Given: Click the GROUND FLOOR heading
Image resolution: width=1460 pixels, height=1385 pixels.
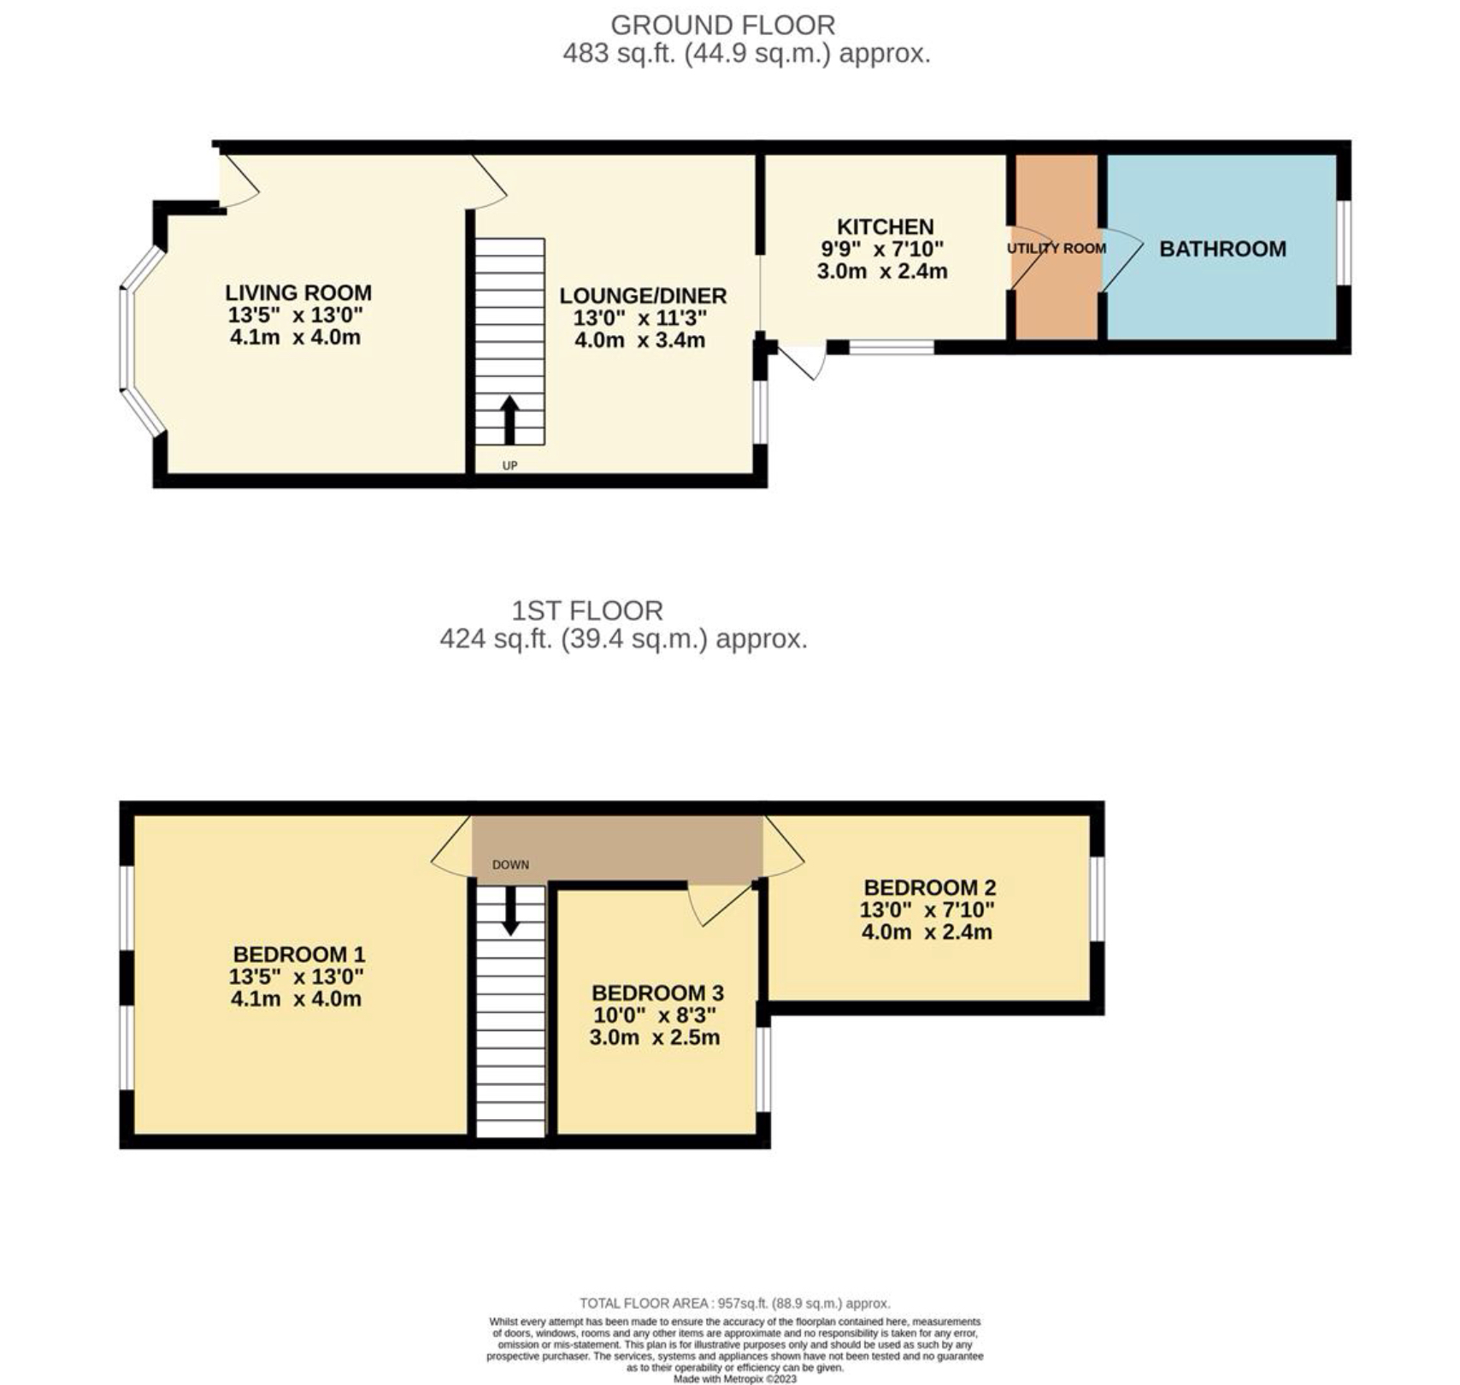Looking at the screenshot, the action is point(722,25).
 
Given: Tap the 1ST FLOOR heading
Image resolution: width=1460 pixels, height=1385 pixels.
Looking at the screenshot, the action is point(587,610).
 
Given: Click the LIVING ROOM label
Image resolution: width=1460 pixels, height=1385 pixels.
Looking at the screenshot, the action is point(298,292).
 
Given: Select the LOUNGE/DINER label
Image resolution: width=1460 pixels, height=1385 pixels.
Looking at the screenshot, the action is point(643,296).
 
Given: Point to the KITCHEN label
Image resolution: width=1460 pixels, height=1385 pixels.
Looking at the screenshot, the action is point(885,227).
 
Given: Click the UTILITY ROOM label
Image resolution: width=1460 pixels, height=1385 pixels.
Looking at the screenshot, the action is point(1057,248).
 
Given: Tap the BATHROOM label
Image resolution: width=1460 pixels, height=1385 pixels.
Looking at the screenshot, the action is point(1222,249).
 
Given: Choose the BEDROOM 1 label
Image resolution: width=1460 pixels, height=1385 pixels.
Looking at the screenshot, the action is point(299,954).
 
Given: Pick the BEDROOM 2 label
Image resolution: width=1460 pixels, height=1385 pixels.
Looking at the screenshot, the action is point(930,887).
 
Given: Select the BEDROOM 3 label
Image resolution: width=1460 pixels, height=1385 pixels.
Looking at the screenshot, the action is point(657,993).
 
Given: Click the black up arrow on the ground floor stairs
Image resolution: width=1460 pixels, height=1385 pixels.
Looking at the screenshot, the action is point(509,420).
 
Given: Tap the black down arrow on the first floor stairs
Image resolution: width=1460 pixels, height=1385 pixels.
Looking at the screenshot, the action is point(510,910).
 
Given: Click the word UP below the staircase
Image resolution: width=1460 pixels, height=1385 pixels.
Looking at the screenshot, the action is point(509,466).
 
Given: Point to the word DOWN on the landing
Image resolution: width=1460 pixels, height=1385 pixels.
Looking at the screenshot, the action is point(510,864).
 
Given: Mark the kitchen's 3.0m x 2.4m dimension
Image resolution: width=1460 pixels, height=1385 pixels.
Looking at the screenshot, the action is point(882,271).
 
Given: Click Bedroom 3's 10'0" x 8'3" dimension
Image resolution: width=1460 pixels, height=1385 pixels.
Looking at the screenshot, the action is point(655,1015).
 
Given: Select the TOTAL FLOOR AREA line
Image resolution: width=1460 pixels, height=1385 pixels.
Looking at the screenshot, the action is point(735,1303).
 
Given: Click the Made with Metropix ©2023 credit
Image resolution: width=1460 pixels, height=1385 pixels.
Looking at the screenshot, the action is point(735,1378).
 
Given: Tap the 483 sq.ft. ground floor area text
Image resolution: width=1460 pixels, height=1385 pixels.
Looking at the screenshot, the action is point(746,54).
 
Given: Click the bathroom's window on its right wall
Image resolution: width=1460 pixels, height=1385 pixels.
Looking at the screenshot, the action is point(1344,242).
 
